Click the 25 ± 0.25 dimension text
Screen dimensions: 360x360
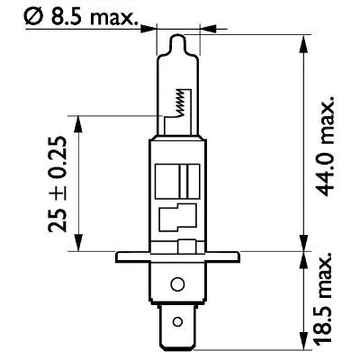coord(58,183)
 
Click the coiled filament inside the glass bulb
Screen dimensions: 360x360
coord(184,103)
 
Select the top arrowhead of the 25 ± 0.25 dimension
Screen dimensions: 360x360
coord(81,121)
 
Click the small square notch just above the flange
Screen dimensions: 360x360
coord(187,246)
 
